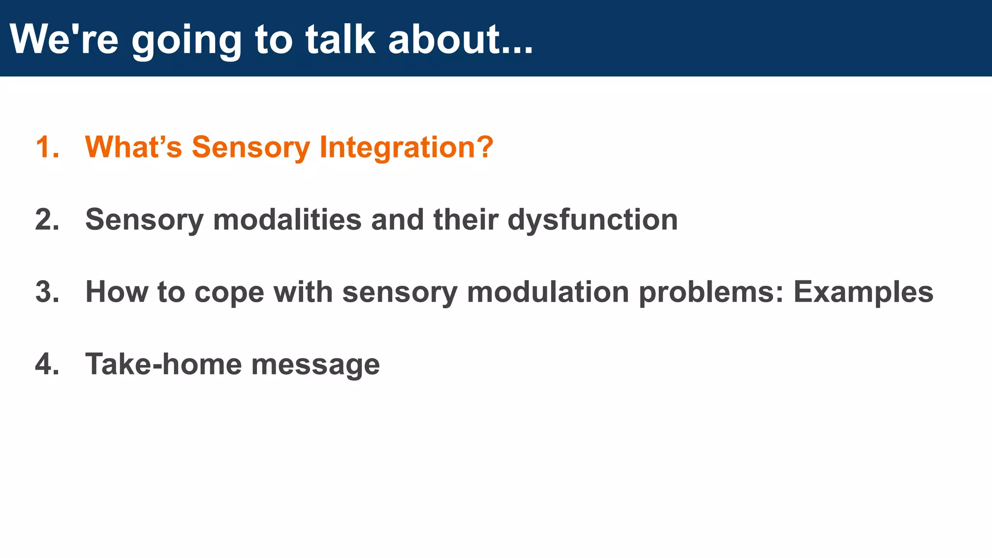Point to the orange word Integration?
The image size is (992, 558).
pyautogui.click(x=406, y=147)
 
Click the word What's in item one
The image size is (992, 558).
pyautogui.click(x=133, y=147)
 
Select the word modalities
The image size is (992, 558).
pyautogui.click(x=287, y=219)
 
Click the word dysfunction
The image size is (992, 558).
pyautogui.click(x=592, y=219)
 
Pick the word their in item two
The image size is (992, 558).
pyautogui.click(x=465, y=219)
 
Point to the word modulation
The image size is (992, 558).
pyautogui.click(x=547, y=292)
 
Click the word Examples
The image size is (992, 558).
pyautogui.click(x=863, y=292)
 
